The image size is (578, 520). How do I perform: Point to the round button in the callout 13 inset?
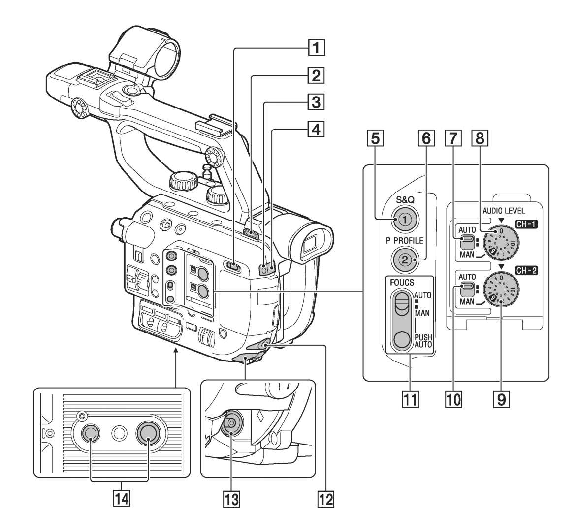pos(229,423)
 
